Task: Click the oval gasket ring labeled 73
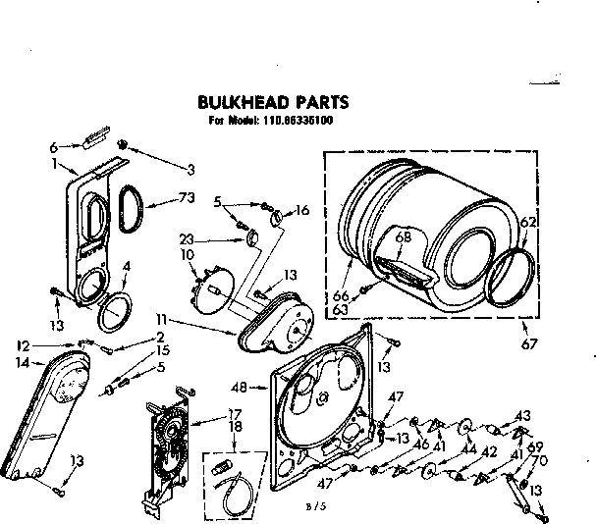[x=128, y=209]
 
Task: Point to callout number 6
[x=54, y=147]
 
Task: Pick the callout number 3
[x=190, y=167]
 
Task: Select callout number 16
[x=302, y=209]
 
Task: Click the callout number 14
[x=23, y=362]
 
